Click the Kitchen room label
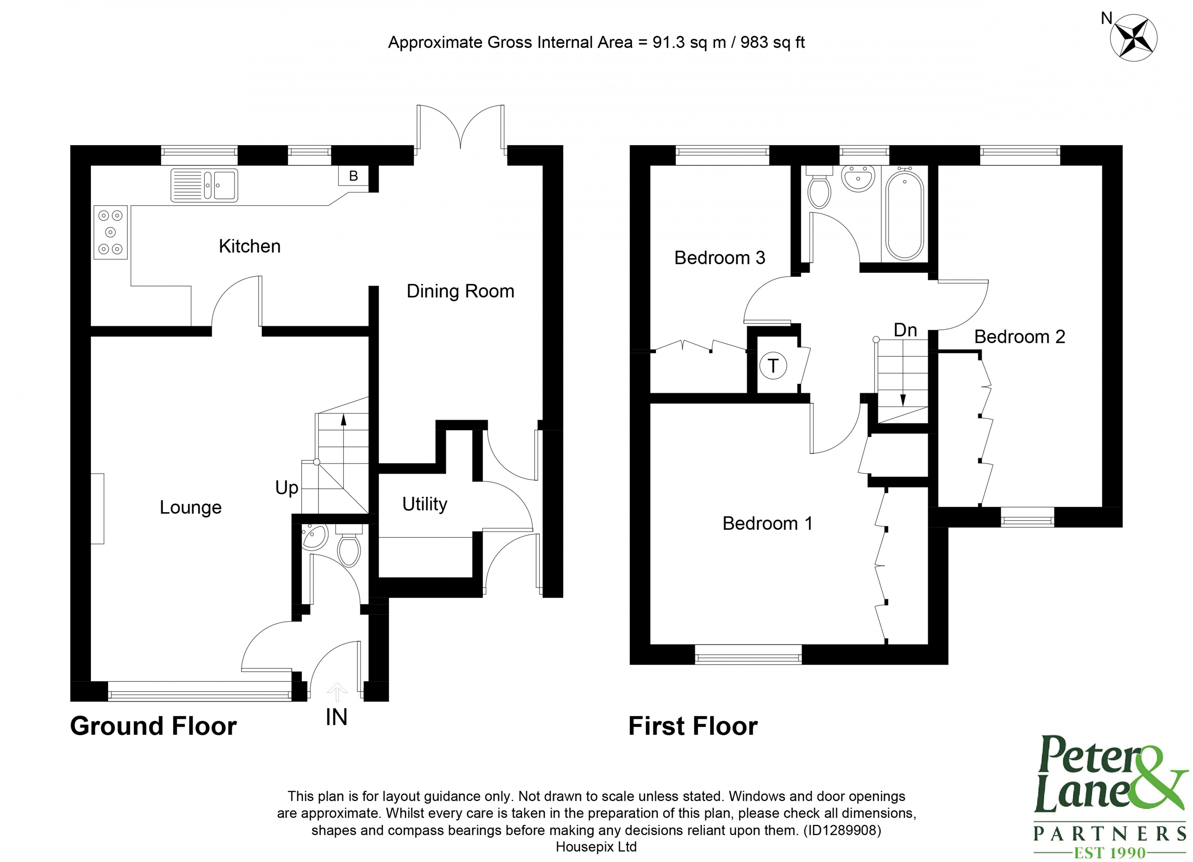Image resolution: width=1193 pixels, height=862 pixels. (249, 246)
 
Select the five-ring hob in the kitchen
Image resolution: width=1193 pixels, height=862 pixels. (110, 232)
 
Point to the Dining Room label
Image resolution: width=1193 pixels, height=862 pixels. (460, 291)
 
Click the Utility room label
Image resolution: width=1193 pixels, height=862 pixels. (425, 504)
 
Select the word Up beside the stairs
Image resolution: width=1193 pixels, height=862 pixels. (287, 488)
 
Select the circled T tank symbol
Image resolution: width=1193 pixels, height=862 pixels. (773, 366)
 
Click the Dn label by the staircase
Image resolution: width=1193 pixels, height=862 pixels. (905, 330)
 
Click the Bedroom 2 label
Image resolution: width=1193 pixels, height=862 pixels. (1019, 337)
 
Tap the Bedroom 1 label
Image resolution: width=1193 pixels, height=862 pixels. (767, 524)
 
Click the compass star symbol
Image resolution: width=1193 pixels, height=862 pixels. (1134, 38)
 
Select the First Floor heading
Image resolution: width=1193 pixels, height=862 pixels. (693, 726)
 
